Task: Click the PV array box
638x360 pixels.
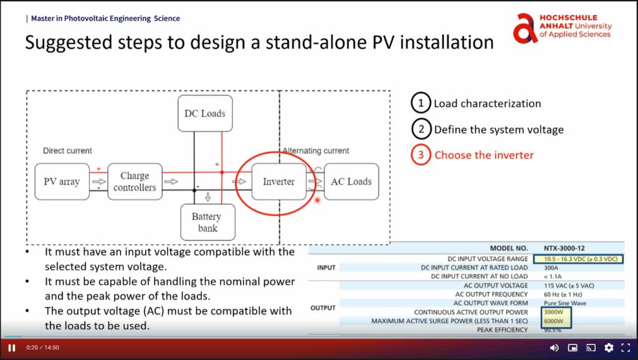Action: tap(62, 182)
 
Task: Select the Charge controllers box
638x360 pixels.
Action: tap(135, 182)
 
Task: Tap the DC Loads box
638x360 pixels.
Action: tap(204, 113)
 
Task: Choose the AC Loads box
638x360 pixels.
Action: tap(351, 182)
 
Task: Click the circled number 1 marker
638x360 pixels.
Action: tap(421, 103)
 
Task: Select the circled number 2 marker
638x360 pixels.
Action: tap(421, 130)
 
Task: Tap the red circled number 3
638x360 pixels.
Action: tap(421, 155)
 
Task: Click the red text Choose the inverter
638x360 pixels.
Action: tap(483, 155)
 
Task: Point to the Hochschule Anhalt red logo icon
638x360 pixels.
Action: tap(525, 28)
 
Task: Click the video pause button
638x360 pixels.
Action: tap(12, 348)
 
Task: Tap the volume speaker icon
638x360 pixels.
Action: tap(554, 348)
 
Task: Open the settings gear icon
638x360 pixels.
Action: tap(609, 348)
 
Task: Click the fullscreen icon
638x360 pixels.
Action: tap(626, 348)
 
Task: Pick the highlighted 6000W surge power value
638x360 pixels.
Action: tap(554, 321)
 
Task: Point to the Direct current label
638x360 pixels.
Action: tap(67, 151)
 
